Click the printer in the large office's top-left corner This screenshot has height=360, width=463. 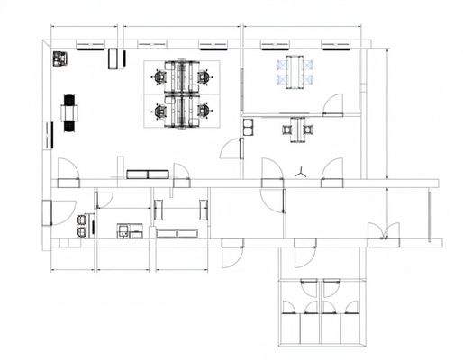pyautogui.click(x=60, y=58)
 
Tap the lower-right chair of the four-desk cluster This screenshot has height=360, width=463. pyautogui.click(x=204, y=111)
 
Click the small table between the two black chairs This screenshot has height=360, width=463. pyautogui.click(x=68, y=112)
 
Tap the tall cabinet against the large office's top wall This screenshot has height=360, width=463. pyautogui.click(x=113, y=59)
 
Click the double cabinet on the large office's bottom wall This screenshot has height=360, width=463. pyautogui.click(x=147, y=174)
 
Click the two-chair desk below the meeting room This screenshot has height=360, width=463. pyautogui.click(x=297, y=130)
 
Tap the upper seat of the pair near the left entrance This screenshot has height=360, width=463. pyautogui.click(x=85, y=219)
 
